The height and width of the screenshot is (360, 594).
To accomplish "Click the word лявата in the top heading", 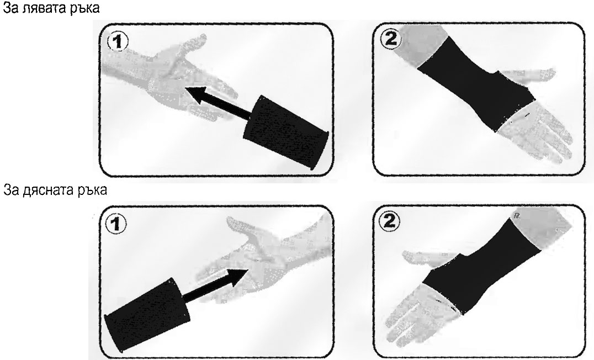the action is click(46, 8).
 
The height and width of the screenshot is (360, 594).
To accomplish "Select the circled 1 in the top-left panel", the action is click(118, 41).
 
